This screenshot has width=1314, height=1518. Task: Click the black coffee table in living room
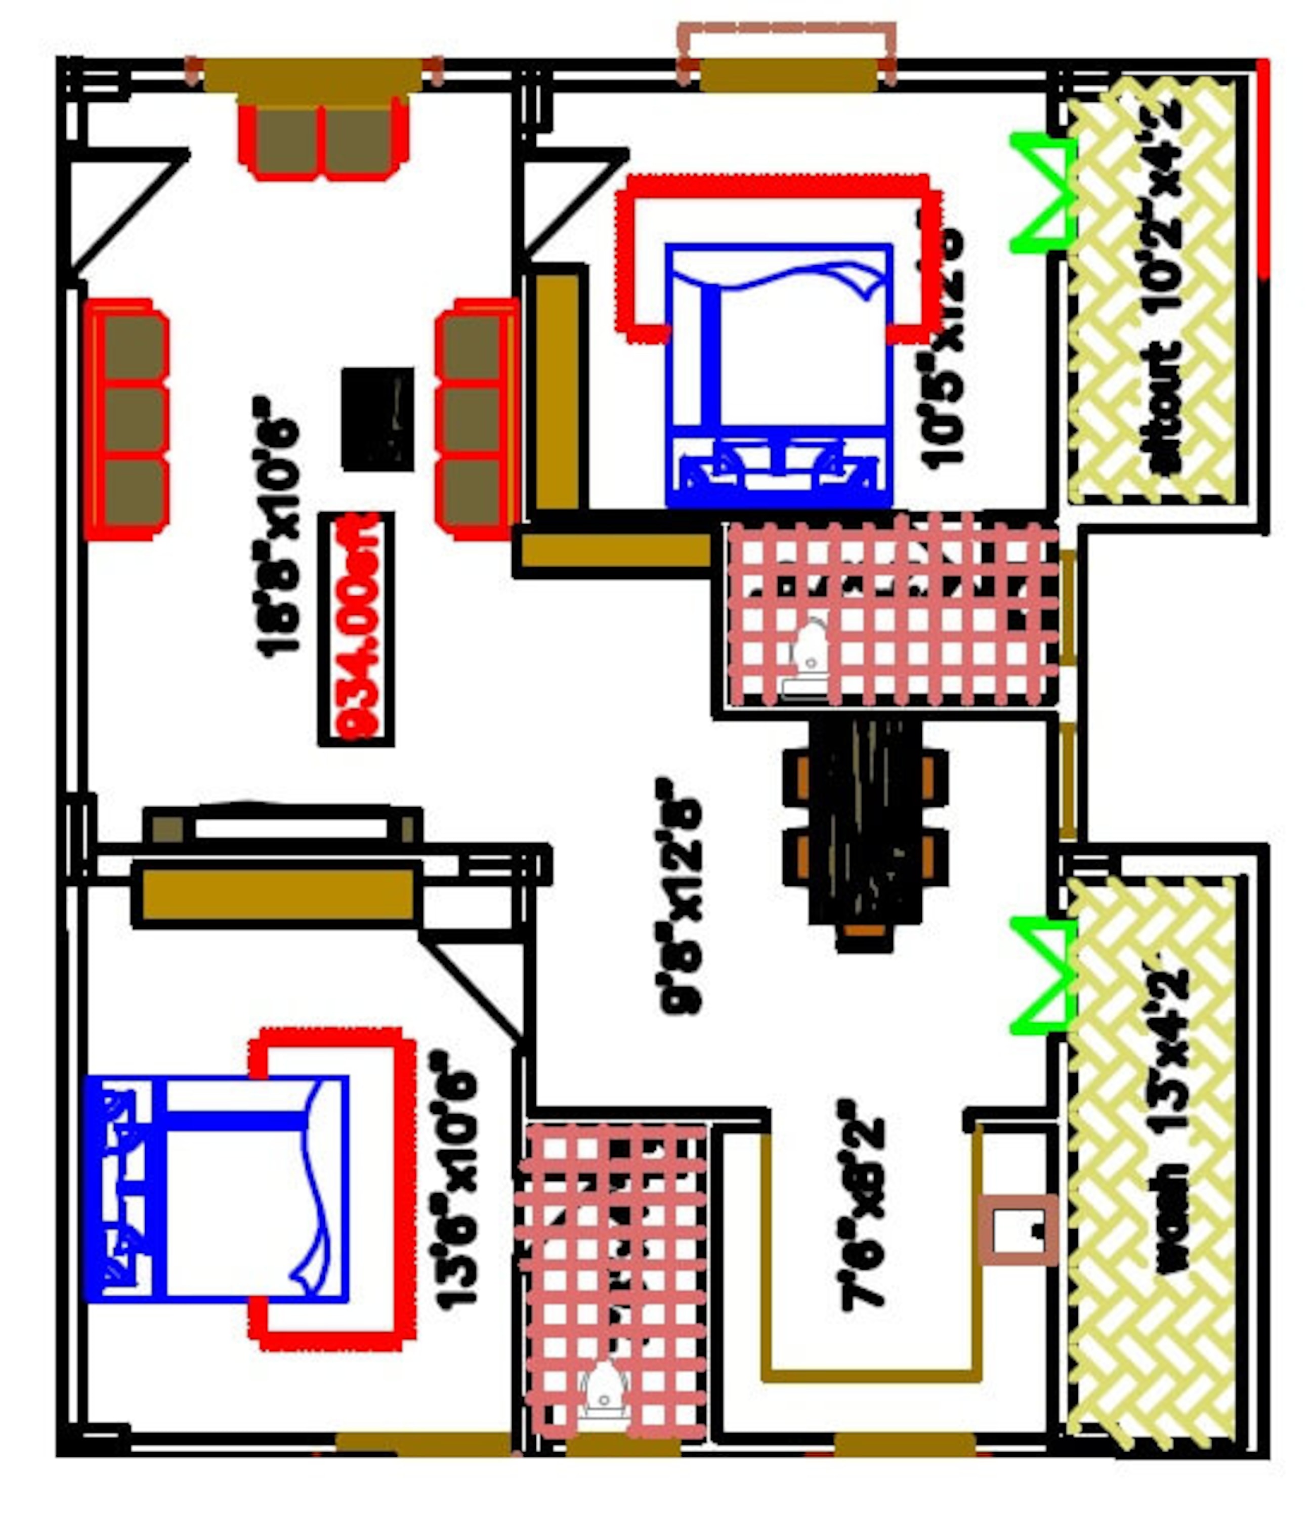click(x=377, y=419)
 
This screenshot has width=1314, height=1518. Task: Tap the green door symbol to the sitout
click(x=1041, y=193)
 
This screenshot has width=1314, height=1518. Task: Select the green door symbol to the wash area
click(x=1041, y=976)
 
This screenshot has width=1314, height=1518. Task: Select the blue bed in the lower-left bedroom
click(x=217, y=1189)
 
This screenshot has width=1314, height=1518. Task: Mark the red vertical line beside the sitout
click(x=1263, y=168)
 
